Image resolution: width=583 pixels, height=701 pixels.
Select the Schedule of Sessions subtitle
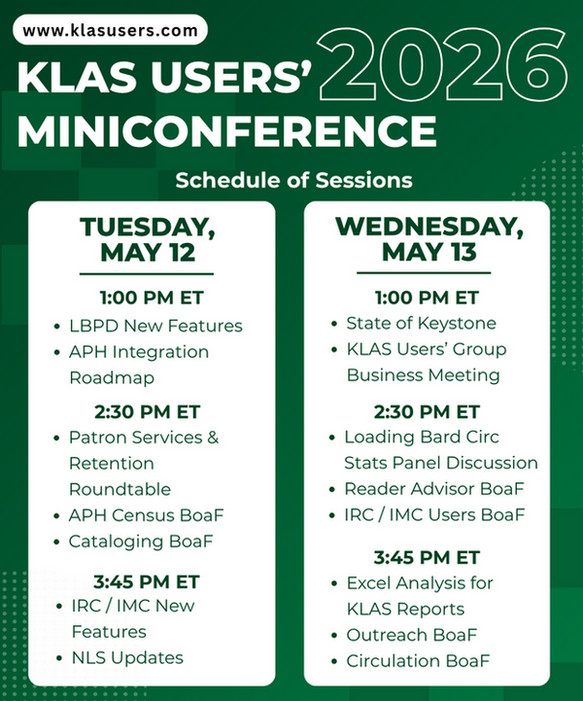pos(292,180)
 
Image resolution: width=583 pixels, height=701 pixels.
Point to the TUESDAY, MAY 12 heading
pos(148,239)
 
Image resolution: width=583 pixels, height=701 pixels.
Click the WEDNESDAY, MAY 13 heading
pos(429,239)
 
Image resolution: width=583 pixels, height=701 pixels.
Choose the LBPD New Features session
pos(155,326)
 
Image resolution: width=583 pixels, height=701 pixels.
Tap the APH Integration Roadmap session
pos(139,363)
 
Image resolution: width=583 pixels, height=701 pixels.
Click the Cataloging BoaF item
pos(140,541)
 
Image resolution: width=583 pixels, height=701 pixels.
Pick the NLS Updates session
pos(126,658)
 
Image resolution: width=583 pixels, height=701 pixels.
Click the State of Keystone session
pos(422,324)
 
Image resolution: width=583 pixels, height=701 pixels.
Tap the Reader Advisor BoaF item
pos(433,488)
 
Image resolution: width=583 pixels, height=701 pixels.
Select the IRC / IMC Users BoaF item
pos(434,514)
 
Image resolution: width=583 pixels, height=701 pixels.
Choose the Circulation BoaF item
pos(418,661)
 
